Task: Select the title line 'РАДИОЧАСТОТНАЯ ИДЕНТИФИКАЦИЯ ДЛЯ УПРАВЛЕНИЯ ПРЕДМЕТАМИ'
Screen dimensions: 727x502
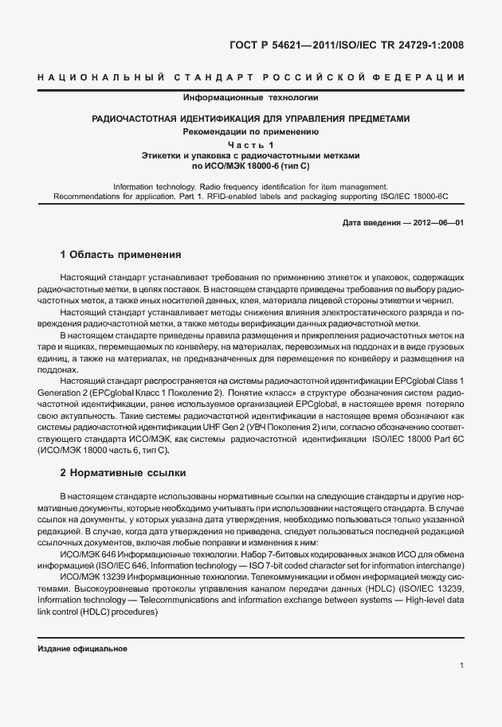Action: (x=251, y=119)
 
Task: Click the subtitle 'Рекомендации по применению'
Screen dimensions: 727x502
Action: (x=251, y=131)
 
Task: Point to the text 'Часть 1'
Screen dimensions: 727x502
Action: (x=251, y=144)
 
